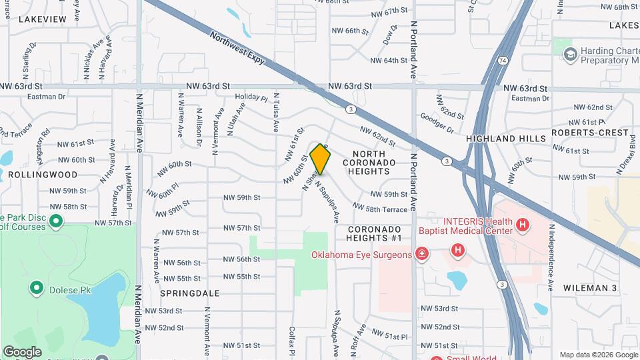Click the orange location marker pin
321,159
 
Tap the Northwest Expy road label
237,47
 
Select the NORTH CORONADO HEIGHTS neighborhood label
370,162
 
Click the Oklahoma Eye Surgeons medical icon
421,254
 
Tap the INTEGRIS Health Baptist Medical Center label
465,226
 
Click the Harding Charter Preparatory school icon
569,54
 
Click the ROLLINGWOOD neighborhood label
43,174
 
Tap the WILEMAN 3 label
590,288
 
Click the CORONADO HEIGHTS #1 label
374,233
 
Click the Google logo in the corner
22,351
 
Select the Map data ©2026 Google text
598,355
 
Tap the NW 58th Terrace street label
379,209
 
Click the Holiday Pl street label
251,98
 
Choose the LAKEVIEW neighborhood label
43,19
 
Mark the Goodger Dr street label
437,123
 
